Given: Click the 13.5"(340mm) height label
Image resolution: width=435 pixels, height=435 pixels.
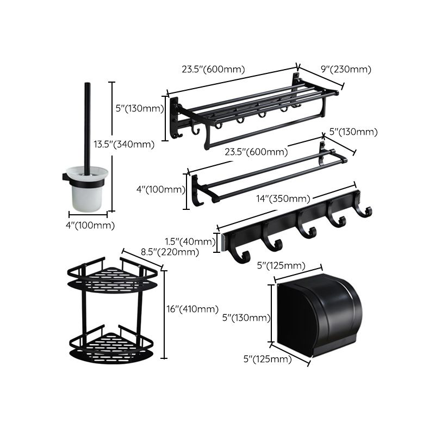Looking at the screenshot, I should (x=123, y=144).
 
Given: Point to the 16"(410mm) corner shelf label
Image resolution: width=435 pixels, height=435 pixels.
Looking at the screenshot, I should (x=191, y=309).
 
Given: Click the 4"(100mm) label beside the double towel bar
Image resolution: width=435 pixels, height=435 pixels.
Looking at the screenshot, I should (x=161, y=189).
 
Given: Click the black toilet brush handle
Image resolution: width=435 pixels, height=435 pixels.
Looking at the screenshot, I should (x=87, y=125).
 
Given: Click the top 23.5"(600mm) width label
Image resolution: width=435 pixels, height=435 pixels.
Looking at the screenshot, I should (x=213, y=69).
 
